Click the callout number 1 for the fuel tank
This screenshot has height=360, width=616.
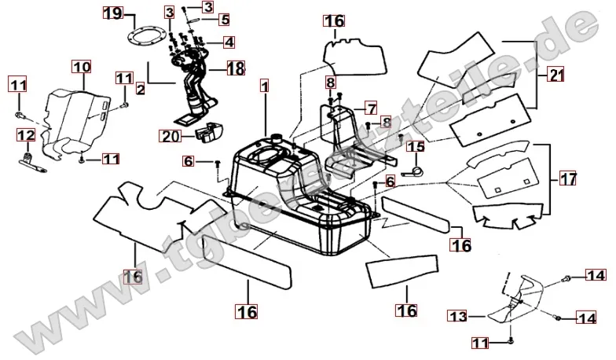tap(265, 83)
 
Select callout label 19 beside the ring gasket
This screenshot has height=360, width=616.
tap(112, 13)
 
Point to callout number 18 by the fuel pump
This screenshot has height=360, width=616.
tap(236, 68)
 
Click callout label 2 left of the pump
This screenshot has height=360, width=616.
tap(140, 90)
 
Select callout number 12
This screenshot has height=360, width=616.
tap(26, 135)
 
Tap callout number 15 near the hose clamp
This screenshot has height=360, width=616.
tap(416, 146)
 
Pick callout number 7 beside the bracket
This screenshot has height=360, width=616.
tap(371, 105)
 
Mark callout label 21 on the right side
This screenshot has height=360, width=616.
tap(556, 76)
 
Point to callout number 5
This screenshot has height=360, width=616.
tap(224, 19)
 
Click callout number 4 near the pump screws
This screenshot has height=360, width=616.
tap(228, 41)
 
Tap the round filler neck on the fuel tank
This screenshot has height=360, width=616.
tap(277, 138)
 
